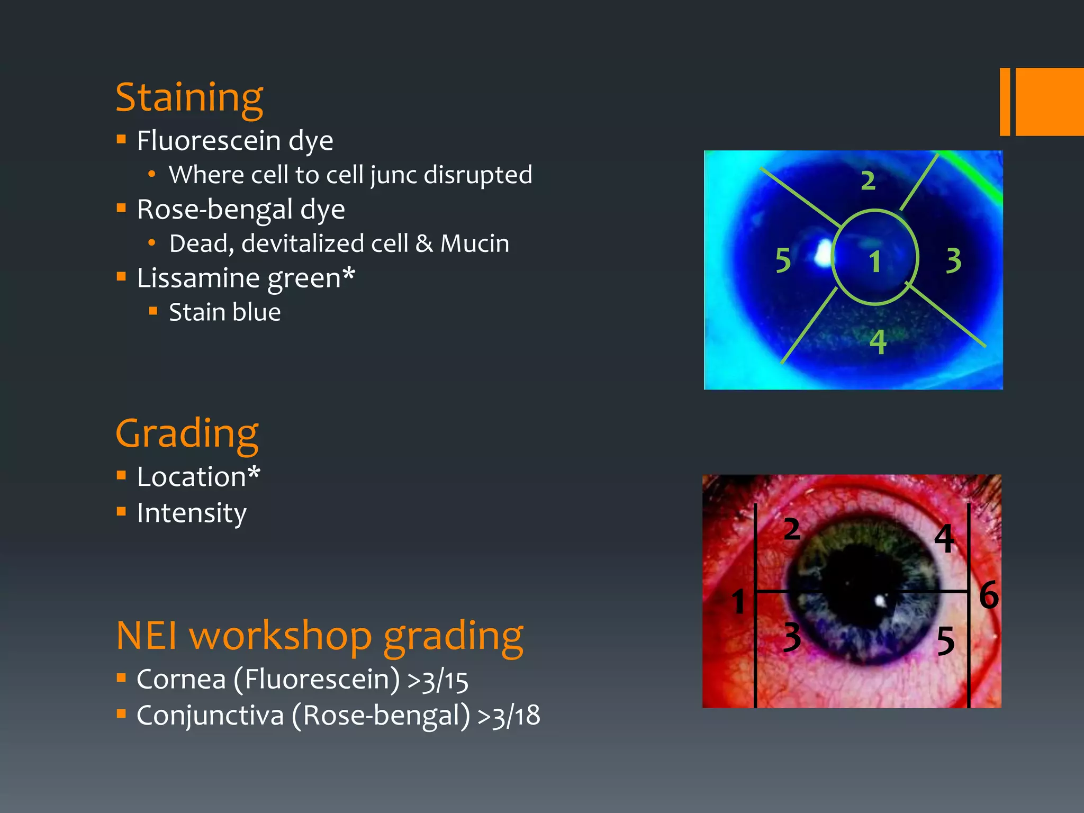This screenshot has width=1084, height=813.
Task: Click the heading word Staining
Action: pyautogui.click(x=189, y=98)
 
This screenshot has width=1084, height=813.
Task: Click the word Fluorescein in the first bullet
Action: pyautogui.click(x=209, y=141)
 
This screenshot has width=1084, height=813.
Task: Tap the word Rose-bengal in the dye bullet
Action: pyautogui.click(x=214, y=210)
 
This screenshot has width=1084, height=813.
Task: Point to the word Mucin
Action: pyautogui.click(x=475, y=244)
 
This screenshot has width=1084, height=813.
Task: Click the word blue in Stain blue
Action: pyautogui.click(x=256, y=312)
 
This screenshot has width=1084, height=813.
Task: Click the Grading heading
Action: pyautogui.click(x=187, y=433)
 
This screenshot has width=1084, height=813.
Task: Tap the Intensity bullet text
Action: pyautogui.click(x=192, y=513)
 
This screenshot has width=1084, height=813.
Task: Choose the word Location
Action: pyautogui.click(x=192, y=477)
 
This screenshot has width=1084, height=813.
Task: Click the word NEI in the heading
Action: pyautogui.click(x=147, y=636)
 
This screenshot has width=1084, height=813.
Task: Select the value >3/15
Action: pyautogui.click(x=438, y=681)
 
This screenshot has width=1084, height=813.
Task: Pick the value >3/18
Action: pyautogui.click(x=509, y=716)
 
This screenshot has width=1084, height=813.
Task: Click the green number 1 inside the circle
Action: pyautogui.click(x=875, y=261)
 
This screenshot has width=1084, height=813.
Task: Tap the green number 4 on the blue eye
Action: pyautogui.click(x=878, y=342)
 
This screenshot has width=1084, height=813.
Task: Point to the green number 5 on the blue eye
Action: pyautogui.click(x=783, y=260)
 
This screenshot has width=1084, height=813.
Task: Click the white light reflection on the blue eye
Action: pyautogui.click(x=823, y=253)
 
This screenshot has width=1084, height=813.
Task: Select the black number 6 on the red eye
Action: pyautogui.click(x=988, y=595)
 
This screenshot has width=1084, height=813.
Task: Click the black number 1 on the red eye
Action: pyautogui.click(x=738, y=602)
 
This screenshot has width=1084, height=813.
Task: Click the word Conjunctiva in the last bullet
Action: pyautogui.click(x=210, y=716)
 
